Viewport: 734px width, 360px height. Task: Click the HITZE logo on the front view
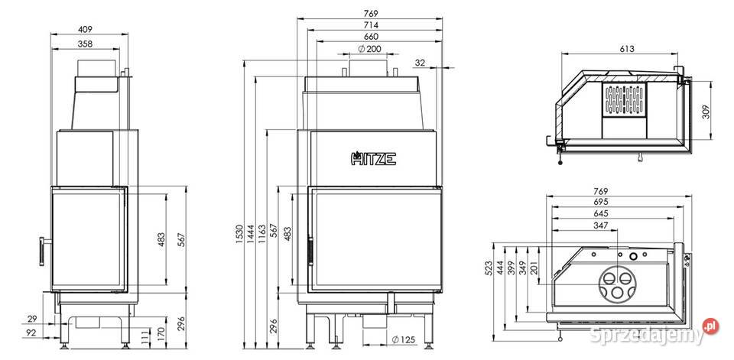[x=373, y=158]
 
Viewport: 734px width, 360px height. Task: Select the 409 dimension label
[x=85, y=29]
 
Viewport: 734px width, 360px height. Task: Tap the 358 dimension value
[x=85, y=44]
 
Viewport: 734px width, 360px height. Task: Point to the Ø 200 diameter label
[x=369, y=49]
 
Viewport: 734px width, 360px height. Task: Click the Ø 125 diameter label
[x=404, y=340]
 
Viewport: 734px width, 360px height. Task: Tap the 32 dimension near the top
[x=420, y=63]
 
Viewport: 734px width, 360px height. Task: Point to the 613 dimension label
[x=627, y=49]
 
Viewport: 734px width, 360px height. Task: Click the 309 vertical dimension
[x=706, y=111]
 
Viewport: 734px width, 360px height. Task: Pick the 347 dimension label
[x=600, y=225]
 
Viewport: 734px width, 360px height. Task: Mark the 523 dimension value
[x=489, y=268]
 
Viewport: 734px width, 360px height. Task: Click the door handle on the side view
[x=44, y=251]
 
